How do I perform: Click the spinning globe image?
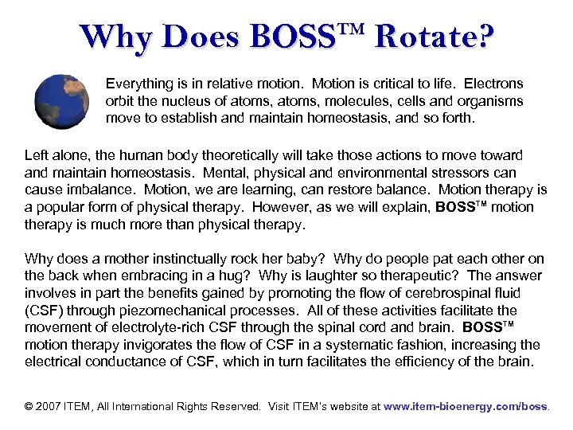tap(63, 102)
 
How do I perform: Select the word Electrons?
tap(493, 83)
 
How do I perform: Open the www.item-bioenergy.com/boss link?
tap(466, 406)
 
